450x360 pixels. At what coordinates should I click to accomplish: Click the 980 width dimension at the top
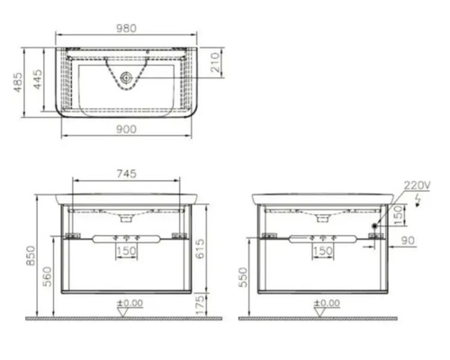click(126, 28)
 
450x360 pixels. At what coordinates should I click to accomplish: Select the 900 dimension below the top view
click(126, 130)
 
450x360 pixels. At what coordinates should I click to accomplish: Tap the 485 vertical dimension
click(18, 82)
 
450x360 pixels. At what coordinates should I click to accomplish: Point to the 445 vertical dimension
click(38, 79)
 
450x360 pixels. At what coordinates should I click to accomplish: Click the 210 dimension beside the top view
click(215, 62)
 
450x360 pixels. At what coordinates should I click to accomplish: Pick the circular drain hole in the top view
click(126, 77)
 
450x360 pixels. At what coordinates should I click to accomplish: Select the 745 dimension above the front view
click(126, 174)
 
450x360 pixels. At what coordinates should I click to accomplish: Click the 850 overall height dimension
click(31, 256)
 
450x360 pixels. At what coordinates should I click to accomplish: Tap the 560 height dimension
click(47, 276)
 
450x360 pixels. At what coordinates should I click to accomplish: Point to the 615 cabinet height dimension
click(200, 248)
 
